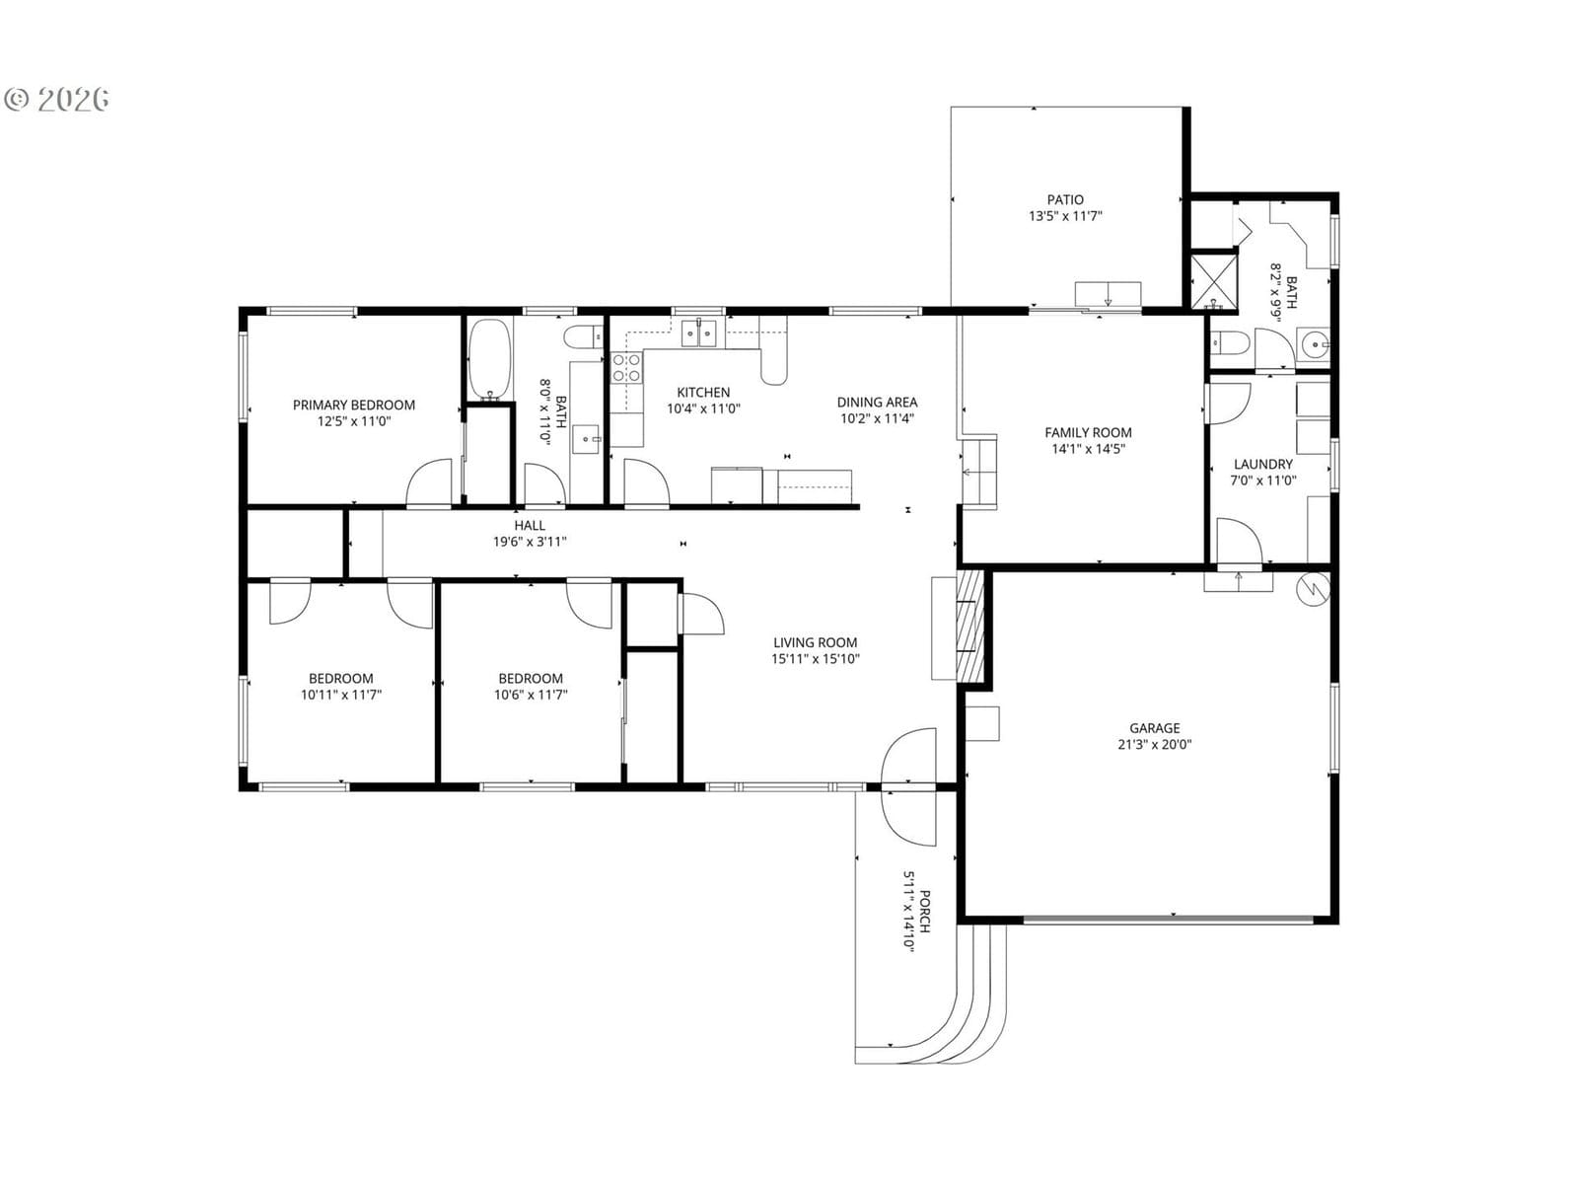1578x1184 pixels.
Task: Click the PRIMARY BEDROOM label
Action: click(x=354, y=405)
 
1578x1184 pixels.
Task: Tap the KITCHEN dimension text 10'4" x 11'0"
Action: click(x=703, y=409)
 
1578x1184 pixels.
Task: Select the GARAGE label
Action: click(x=1155, y=728)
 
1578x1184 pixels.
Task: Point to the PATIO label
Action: click(x=1065, y=199)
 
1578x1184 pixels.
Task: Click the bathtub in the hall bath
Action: click(x=489, y=359)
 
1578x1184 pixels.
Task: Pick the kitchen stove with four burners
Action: click(x=626, y=367)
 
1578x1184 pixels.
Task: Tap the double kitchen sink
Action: click(x=699, y=333)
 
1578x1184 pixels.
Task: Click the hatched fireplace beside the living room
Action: click(x=969, y=625)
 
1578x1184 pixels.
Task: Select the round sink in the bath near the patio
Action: click(x=1315, y=345)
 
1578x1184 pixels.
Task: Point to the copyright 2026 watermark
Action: click(x=56, y=100)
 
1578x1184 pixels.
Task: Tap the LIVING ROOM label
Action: click(x=816, y=642)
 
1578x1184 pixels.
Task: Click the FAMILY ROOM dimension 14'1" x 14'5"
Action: click(x=1088, y=449)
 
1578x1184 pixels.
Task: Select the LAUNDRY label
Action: click(x=1263, y=464)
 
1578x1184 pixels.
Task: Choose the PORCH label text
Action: click(x=925, y=912)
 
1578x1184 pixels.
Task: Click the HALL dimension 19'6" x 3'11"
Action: click(x=529, y=542)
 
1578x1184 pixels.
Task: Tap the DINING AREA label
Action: click(x=877, y=402)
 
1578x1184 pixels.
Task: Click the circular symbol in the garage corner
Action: click(x=1313, y=589)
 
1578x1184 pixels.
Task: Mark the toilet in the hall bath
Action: click(x=583, y=336)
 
